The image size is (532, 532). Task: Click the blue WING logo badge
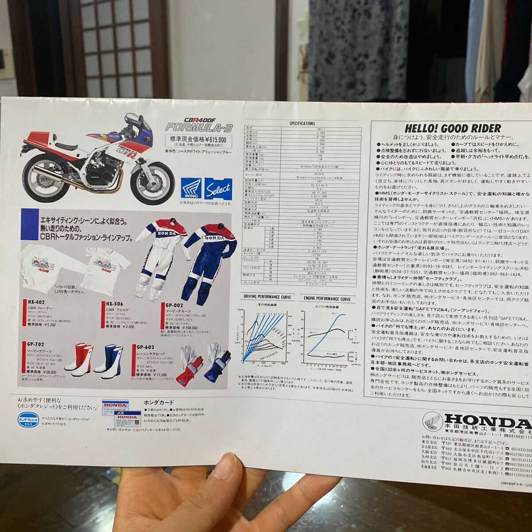tap(191, 188)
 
